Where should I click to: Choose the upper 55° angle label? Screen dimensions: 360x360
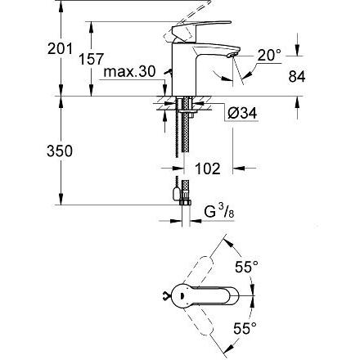pos(245,267)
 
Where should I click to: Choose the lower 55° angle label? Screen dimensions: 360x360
pos(245,327)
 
